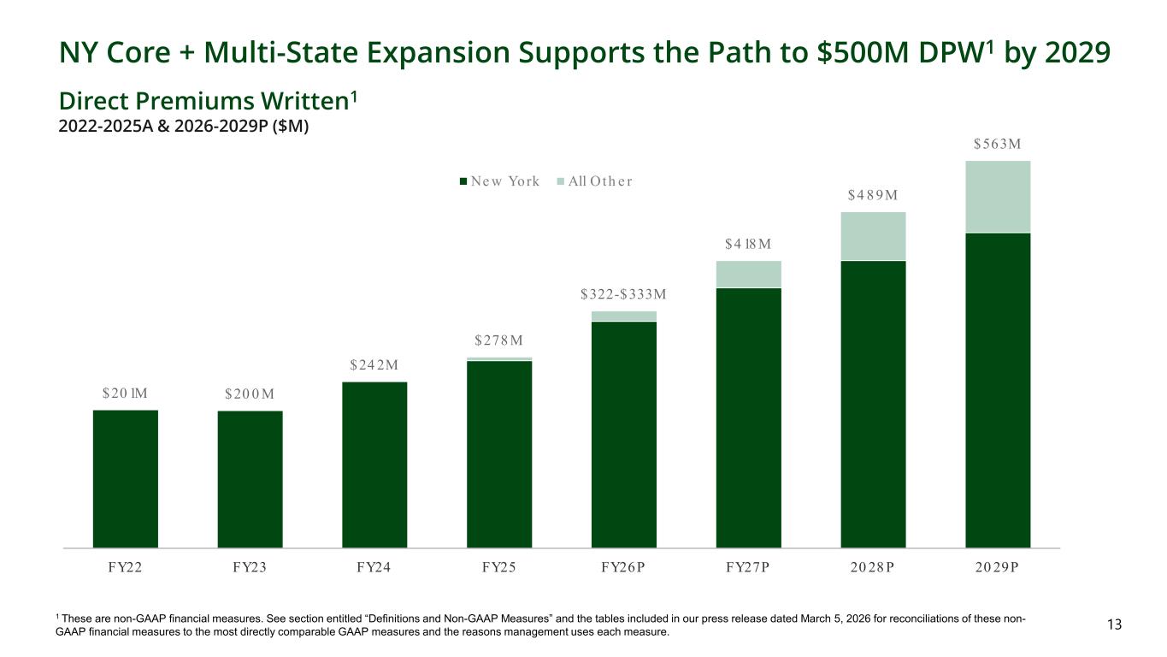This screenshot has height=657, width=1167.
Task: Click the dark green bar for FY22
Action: pyautogui.click(x=125, y=478)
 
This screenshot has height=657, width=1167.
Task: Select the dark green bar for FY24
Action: pyautogui.click(x=374, y=465)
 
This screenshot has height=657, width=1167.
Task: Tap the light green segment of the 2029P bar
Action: pyautogui.click(x=998, y=197)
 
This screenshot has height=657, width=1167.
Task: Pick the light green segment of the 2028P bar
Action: pyautogui.click(x=873, y=236)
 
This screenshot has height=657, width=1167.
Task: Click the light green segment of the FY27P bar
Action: pyautogui.click(x=748, y=274)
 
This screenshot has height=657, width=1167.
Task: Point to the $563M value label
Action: pyautogui.click(x=998, y=144)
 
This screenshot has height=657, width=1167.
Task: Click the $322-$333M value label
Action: pyautogui.click(x=623, y=295)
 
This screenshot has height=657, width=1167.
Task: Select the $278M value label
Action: pyautogui.click(x=499, y=342)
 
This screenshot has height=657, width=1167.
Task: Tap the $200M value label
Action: pyautogui.click(x=250, y=394)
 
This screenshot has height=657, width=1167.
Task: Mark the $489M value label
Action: pyautogui.click(x=873, y=195)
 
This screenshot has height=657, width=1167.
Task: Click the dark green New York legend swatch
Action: pyautogui.click(x=464, y=181)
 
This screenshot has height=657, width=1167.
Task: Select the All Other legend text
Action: pyautogui.click(x=600, y=181)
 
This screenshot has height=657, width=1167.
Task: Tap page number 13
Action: pyautogui.click(x=1113, y=625)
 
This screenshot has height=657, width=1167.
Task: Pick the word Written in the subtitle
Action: pyautogui.click(x=301, y=102)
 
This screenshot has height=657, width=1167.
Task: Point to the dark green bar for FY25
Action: pyautogui.click(x=499, y=453)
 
